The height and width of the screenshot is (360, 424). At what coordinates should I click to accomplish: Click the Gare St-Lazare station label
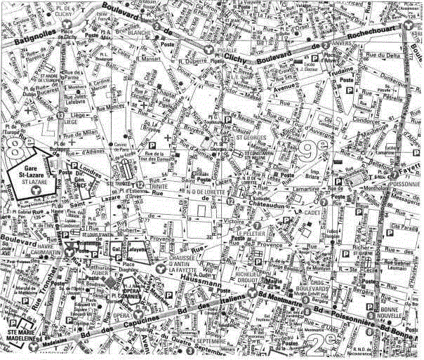[32, 172]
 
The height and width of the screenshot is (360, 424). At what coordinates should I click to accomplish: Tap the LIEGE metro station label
[70, 121]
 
